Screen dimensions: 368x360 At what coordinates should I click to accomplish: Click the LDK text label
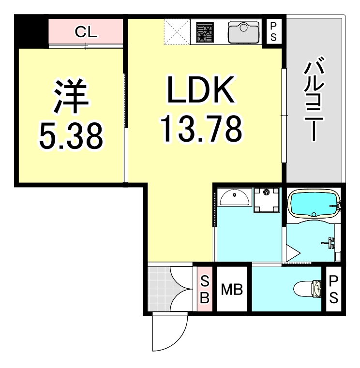tap(200, 90)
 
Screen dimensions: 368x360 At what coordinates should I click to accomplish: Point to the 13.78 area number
tap(200, 128)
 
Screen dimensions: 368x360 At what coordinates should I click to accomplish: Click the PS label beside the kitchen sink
tap(273, 32)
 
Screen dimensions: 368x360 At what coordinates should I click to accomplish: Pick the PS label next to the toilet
tap(333, 289)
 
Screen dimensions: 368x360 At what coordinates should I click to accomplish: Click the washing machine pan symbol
tap(266, 199)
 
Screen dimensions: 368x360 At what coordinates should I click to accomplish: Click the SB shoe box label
tap(204, 289)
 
